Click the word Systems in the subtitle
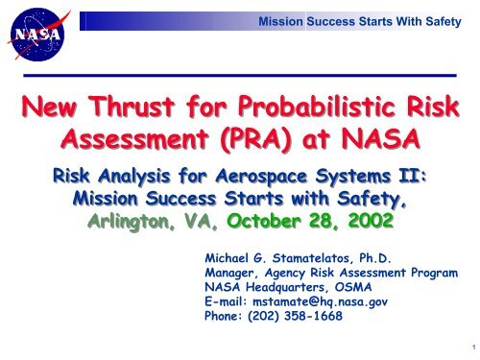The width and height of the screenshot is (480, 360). [359, 182]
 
